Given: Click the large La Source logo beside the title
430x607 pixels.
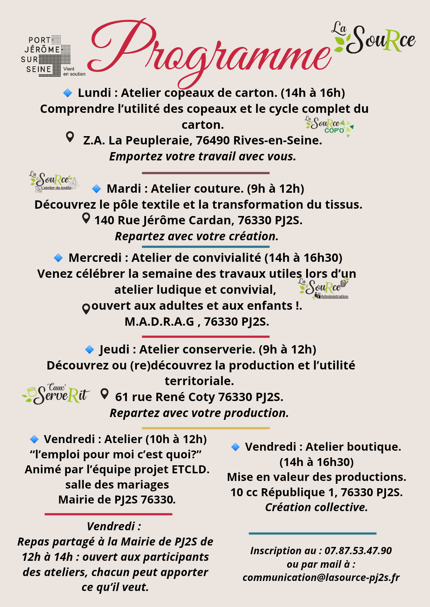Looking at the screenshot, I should [x=375, y=38].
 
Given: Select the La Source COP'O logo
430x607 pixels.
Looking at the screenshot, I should [x=329, y=126].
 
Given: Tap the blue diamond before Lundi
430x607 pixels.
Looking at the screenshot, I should [x=67, y=93].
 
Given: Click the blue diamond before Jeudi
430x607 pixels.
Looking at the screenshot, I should [x=89, y=350].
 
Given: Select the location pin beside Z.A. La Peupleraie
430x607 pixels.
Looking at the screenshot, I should [x=70, y=137].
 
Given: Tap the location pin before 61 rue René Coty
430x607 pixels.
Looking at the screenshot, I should [x=104, y=394].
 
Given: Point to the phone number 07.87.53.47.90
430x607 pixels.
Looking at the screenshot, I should [x=358, y=551].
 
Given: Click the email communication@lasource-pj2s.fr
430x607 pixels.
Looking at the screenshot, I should [x=321, y=577].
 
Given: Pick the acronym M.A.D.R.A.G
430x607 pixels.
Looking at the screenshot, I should [x=159, y=322].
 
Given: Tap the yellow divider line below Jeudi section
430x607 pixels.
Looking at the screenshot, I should [x=206, y=428].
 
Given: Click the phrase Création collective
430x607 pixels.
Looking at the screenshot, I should [x=316, y=507].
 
